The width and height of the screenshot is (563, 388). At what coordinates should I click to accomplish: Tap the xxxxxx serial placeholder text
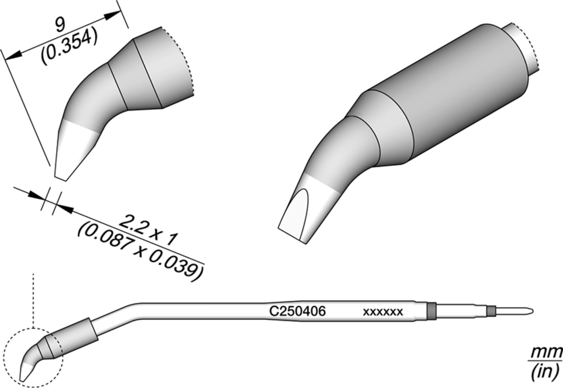pos(383,312)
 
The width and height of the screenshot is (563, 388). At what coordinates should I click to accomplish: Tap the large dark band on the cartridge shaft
pos(432,311)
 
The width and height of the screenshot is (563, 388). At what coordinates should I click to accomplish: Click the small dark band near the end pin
pos(491,311)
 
